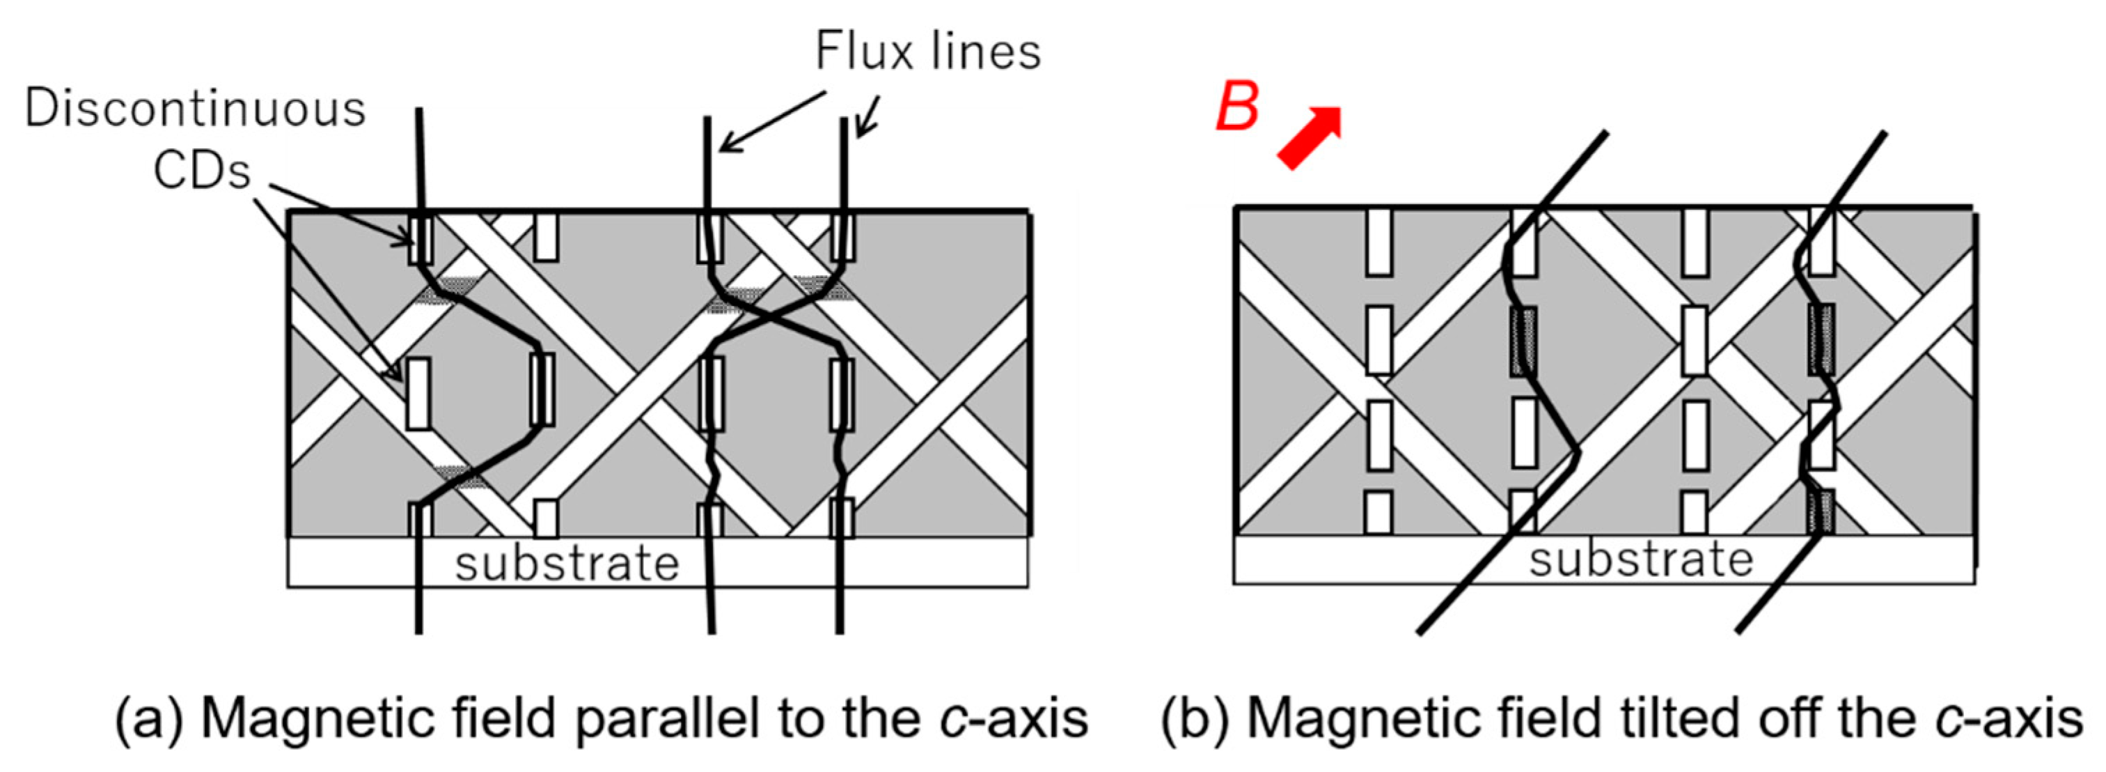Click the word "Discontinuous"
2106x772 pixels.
click(194, 109)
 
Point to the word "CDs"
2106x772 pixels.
click(202, 171)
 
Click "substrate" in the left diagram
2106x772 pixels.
click(567, 564)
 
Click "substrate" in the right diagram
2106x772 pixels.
click(1641, 561)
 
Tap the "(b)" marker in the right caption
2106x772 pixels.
click(1195, 720)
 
